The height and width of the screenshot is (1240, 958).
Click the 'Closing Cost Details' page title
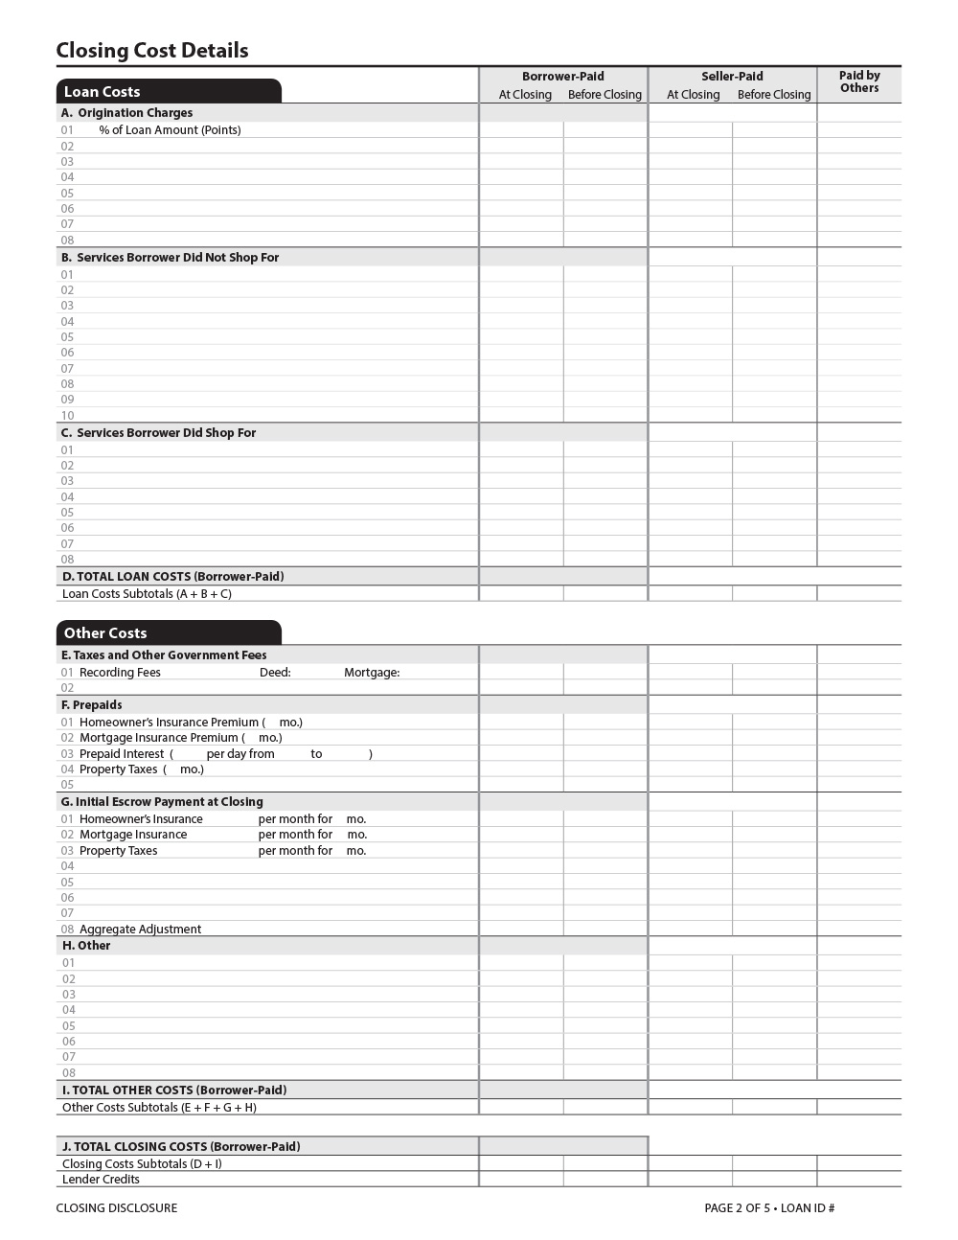(x=152, y=51)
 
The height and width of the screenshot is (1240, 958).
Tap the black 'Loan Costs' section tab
(x=102, y=92)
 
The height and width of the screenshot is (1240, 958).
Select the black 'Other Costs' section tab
(x=105, y=633)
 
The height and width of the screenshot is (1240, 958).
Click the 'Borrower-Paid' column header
(x=563, y=77)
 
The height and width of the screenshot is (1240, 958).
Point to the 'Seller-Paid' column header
(x=732, y=77)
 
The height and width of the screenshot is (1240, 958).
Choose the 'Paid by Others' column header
(x=859, y=81)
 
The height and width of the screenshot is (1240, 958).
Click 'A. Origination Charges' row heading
(x=127, y=113)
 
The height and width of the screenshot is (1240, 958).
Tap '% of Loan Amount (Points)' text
(x=170, y=130)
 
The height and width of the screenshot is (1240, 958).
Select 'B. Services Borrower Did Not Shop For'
(x=171, y=258)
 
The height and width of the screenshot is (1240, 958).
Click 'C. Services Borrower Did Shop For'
(x=159, y=433)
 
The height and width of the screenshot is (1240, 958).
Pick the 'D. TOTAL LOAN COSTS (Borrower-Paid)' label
(x=173, y=577)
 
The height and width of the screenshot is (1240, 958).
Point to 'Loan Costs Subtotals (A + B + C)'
(x=147, y=594)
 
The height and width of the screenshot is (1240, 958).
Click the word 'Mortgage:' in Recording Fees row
(x=372, y=673)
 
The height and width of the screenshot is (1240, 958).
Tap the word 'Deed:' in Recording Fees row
(x=275, y=673)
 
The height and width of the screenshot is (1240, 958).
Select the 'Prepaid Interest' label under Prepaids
(x=122, y=754)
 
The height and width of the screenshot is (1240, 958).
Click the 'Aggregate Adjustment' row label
(x=140, y=930)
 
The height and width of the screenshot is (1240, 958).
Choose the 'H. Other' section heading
(x=86, y=946)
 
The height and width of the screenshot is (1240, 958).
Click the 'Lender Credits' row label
(x=101, y=1180)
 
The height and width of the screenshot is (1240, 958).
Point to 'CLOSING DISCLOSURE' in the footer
(x=117, y=1208)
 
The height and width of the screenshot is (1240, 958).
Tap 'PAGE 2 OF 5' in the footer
(x=737, y=1208)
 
